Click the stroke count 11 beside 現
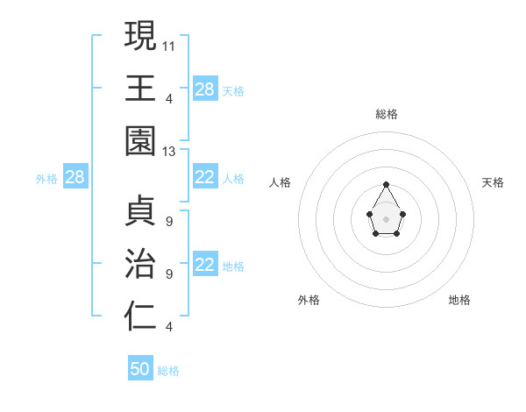click(169, 45)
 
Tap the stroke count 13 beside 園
click(169, 152)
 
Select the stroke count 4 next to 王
click(169, 98)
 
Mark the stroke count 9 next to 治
click(169, 274)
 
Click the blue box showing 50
click(140, 369)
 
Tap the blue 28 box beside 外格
click(75, 178)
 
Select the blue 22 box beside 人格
click(205, 178)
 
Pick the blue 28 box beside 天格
click(205, 89)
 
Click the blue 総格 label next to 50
click(168, 371)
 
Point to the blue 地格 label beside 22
click(233, 266)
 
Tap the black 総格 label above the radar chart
click(387, 114)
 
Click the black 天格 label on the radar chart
click(493, 182)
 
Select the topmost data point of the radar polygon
click(387, 184)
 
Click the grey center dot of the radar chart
click(387, 218)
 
